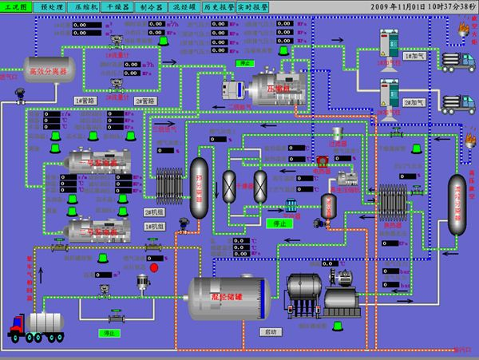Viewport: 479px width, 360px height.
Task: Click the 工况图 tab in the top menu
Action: [x=17, y=6]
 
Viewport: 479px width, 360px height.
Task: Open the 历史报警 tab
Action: [x=217, y=6]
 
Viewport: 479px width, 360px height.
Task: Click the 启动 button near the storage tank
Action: [x=269, y=330]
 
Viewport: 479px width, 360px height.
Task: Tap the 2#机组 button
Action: [x=153, y=212]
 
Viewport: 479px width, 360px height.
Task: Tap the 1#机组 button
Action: [x=153, y=227]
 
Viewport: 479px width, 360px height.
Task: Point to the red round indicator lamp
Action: [x=155, y=267]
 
